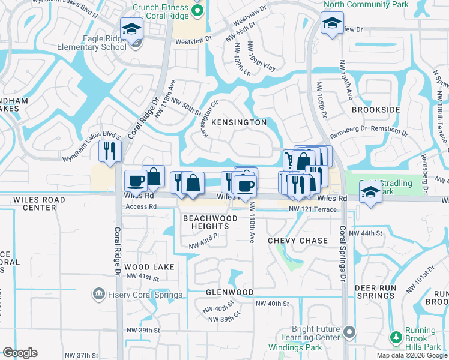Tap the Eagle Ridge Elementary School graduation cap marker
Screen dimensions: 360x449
131,28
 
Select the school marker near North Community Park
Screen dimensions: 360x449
331,23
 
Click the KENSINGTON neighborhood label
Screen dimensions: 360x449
239,122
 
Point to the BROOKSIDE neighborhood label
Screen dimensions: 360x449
376,110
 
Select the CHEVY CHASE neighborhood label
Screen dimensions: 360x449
298,241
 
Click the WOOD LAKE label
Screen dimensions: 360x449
150,267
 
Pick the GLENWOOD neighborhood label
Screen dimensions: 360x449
229,292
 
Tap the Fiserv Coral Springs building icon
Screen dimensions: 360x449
97,295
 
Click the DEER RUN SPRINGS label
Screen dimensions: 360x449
382,292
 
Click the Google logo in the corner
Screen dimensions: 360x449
20,353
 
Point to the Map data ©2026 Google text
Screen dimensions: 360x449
411,355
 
